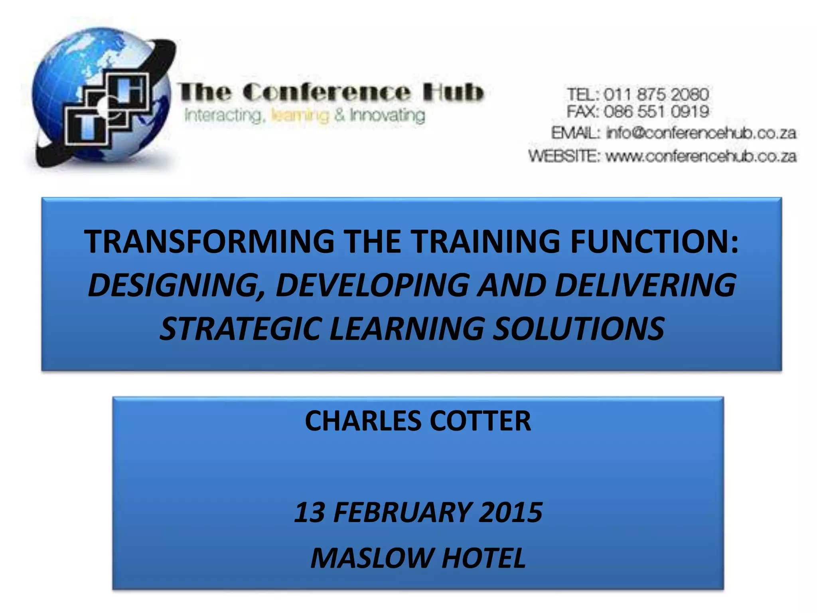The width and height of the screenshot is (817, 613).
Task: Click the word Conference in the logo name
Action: point(326,92)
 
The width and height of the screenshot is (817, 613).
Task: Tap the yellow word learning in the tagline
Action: point(300,116)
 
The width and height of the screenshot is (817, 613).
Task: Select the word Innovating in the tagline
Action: point(387,116)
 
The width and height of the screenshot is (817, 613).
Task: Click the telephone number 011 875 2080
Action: point(656,95)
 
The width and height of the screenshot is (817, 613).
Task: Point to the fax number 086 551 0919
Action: point(656,111)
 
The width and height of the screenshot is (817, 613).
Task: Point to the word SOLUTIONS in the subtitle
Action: point(578,328)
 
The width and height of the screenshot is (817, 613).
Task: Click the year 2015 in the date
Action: point(510,512)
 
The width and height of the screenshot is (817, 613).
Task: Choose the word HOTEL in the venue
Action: point(483,558)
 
